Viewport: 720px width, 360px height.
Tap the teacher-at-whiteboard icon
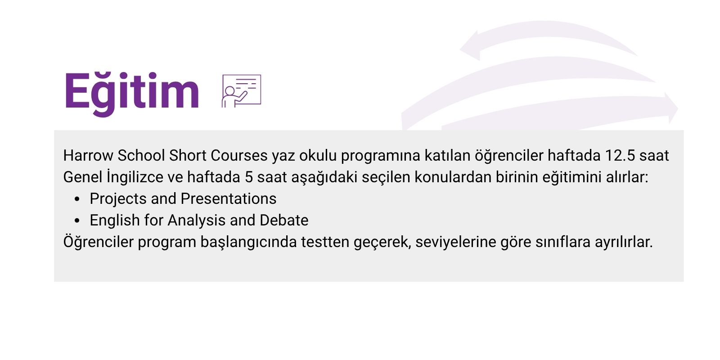(241, 91)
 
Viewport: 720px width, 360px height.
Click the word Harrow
(88, 156)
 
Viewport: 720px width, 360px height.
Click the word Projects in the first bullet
(118, 199)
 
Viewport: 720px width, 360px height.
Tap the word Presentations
(229, 199)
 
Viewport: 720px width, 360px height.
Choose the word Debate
(284, 220)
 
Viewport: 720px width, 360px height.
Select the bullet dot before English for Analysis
(77, 221)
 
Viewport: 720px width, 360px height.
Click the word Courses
(239, 156)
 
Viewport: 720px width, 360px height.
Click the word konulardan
(453, 177)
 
